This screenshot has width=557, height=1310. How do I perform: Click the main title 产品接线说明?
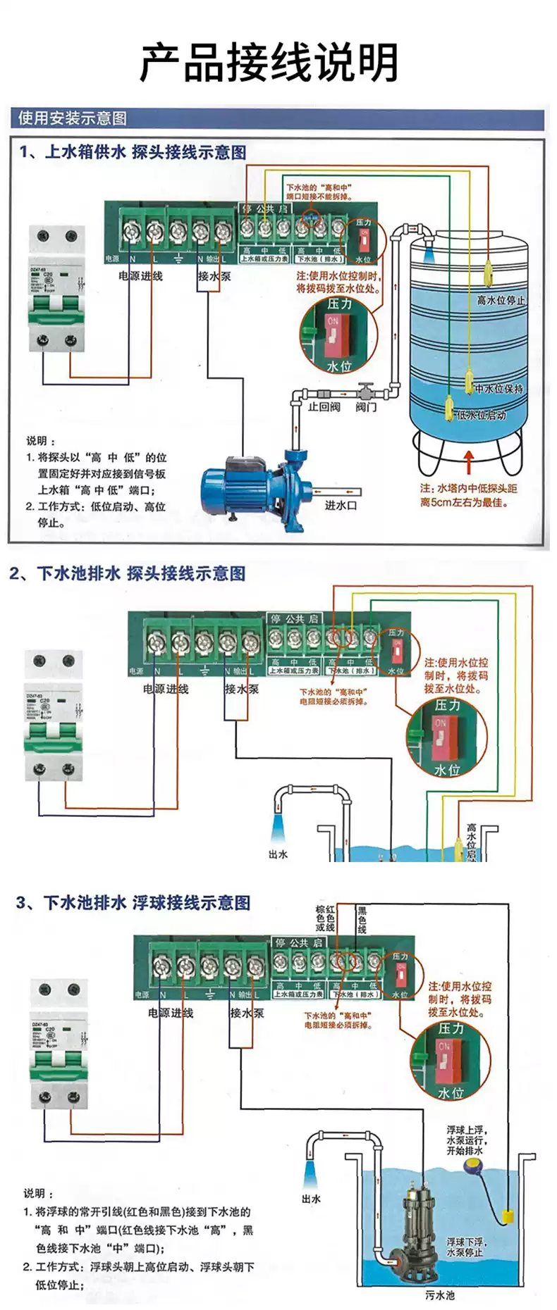tap(269, 62)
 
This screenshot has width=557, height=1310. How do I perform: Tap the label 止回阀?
tap(324, 407)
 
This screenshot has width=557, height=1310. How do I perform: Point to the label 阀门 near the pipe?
tap(366, 407)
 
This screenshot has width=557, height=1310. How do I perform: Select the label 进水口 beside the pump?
tap(341, 505)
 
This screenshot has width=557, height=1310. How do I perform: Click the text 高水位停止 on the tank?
tap(501, 300)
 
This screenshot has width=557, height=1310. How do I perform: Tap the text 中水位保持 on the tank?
tap(498, 388)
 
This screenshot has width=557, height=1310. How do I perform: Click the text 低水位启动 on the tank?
tap(482, 415)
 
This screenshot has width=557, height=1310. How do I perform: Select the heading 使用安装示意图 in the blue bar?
tap(73, 118)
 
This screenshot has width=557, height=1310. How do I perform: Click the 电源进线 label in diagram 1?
tap(140, 276)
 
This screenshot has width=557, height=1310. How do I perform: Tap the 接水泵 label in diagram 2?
tap(241, 689)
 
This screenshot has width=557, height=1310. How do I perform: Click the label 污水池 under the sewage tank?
tap(440, 1295)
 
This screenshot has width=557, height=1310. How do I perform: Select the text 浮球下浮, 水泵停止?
tap(465, 1247)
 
